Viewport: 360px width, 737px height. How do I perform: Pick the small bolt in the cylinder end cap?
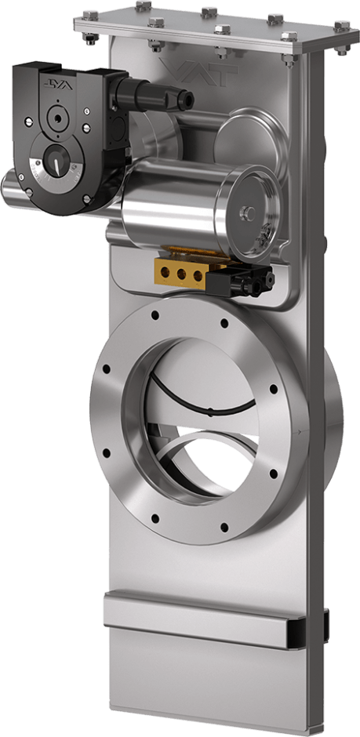248,212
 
